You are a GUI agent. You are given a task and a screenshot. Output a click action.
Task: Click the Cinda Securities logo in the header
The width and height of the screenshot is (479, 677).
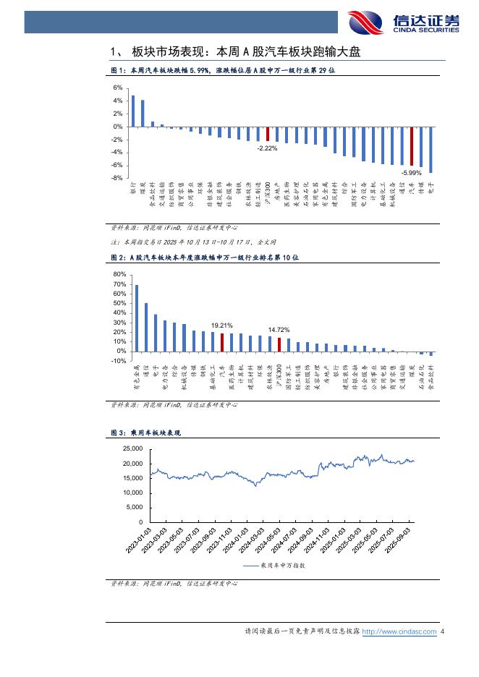403,22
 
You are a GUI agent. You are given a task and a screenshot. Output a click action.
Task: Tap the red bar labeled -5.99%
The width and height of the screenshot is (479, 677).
412,146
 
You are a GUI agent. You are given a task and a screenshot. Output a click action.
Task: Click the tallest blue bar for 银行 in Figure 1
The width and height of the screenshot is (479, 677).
133,111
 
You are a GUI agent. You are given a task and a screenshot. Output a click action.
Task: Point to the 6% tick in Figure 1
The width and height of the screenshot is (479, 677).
117,88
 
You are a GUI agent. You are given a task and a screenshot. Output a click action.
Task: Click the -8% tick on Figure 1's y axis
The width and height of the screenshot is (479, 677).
116,178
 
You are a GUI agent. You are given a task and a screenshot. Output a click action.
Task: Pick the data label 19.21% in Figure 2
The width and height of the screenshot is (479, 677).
222,325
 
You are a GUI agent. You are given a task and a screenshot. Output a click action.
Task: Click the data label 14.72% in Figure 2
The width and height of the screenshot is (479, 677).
279,330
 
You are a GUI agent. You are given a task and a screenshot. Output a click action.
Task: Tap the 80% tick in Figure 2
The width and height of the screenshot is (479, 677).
119,275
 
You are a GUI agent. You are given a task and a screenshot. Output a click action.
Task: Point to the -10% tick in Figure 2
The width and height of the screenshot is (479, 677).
118,361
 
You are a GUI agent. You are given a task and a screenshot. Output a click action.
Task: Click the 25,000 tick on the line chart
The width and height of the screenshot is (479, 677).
132,449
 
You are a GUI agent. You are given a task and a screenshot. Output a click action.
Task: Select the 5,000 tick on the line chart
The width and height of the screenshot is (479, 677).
134,508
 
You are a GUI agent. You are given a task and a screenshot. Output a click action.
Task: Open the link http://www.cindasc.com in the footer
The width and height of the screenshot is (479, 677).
399,632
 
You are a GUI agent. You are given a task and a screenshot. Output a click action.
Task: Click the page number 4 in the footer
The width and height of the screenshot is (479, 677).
442,632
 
